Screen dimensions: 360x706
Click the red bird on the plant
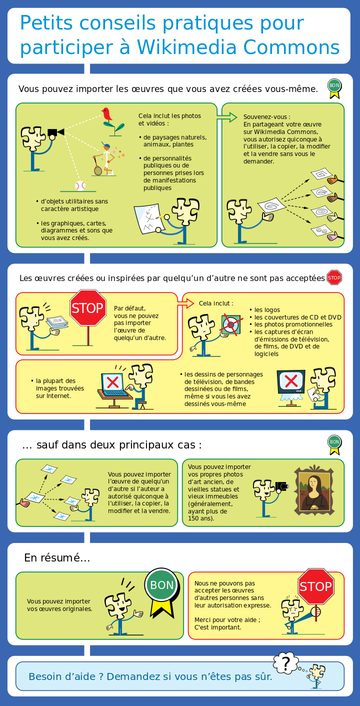point(107,114)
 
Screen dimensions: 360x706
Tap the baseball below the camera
point(80,185)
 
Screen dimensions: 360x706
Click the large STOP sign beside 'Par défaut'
point(88,307)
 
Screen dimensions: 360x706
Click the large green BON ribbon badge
point(162,591)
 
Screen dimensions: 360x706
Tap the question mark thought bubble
point(285,662)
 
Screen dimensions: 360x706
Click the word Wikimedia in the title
point(186,47)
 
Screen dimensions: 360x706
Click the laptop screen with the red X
point(112,382)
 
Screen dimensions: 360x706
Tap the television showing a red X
point(291,381)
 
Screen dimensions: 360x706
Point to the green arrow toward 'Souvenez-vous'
point(227,117)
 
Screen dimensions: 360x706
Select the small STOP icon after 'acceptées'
point(334,277)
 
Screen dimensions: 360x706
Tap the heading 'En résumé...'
point(57,557)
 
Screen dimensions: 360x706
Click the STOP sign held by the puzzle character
point(316,586)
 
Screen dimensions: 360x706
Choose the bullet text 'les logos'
point(267,310)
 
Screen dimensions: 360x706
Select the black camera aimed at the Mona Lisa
point(282,486)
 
